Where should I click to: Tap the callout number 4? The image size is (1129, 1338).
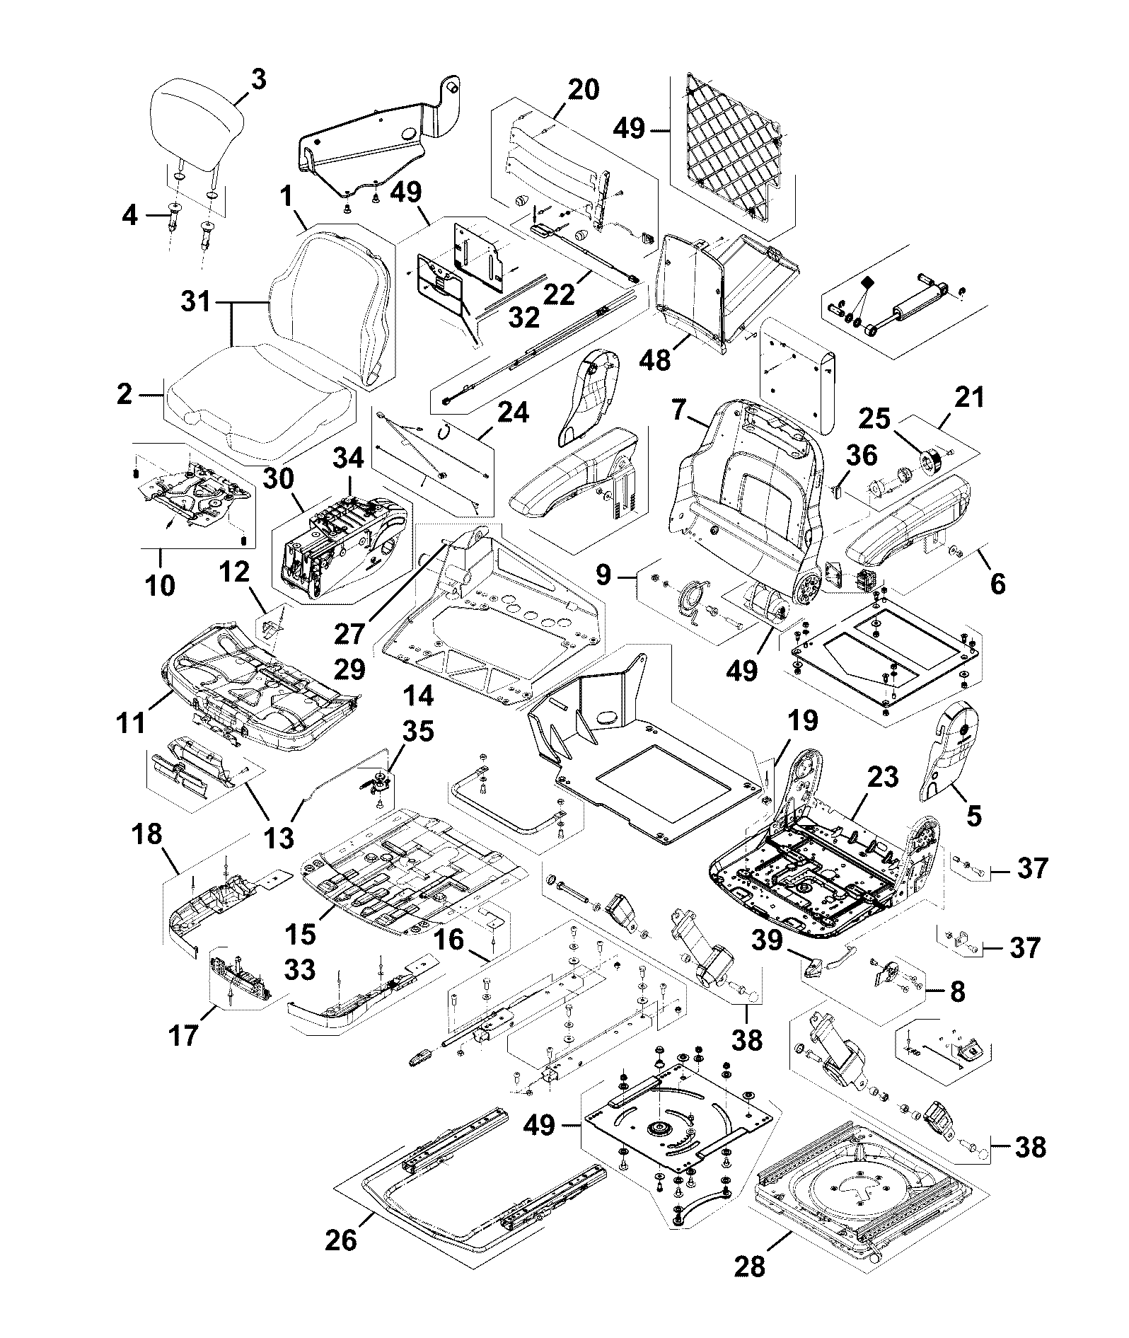[x=129, y=214]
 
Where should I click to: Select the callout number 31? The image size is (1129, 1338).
[x=196, y=302]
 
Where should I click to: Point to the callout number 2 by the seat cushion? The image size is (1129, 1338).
[x=125, y=394]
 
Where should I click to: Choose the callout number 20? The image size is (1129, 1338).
[x=584, y=90]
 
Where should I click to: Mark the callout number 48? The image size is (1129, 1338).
[x=654, y=360]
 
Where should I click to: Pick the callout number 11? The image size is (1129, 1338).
[x=132, y=722]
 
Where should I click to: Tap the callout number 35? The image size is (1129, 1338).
[x=418, y=731]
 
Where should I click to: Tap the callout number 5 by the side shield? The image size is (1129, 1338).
[x=973, y=816]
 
